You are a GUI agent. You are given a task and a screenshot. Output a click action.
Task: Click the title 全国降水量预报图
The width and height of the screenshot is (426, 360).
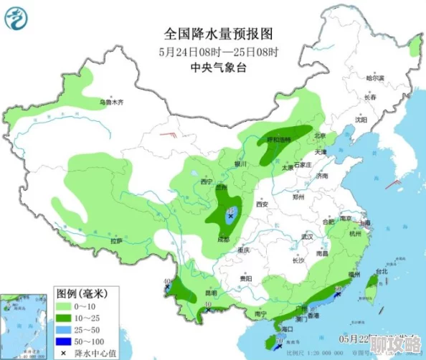pos(219,34)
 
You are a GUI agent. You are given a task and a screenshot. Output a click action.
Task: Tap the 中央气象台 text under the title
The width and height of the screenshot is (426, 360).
pos(219,67)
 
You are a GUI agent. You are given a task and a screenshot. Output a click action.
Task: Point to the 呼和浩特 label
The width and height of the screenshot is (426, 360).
pos(279,140)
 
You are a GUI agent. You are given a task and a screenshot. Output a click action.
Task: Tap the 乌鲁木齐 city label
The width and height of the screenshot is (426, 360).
pos(111,103)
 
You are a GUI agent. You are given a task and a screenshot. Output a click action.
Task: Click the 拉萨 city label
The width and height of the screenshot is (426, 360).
pos(116,242)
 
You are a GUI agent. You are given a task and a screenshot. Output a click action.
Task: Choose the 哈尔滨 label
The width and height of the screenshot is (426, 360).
pos(375,77)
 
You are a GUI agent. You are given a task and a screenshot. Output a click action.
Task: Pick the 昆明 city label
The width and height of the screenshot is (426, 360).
pos(211,293)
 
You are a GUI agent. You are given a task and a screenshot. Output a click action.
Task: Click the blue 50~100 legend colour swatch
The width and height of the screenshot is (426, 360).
pos(66,341)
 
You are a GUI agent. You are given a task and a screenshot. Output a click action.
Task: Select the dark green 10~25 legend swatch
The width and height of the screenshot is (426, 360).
pos(66,318)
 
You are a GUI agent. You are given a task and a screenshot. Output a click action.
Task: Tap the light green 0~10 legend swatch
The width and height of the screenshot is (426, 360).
pos(66,306)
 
